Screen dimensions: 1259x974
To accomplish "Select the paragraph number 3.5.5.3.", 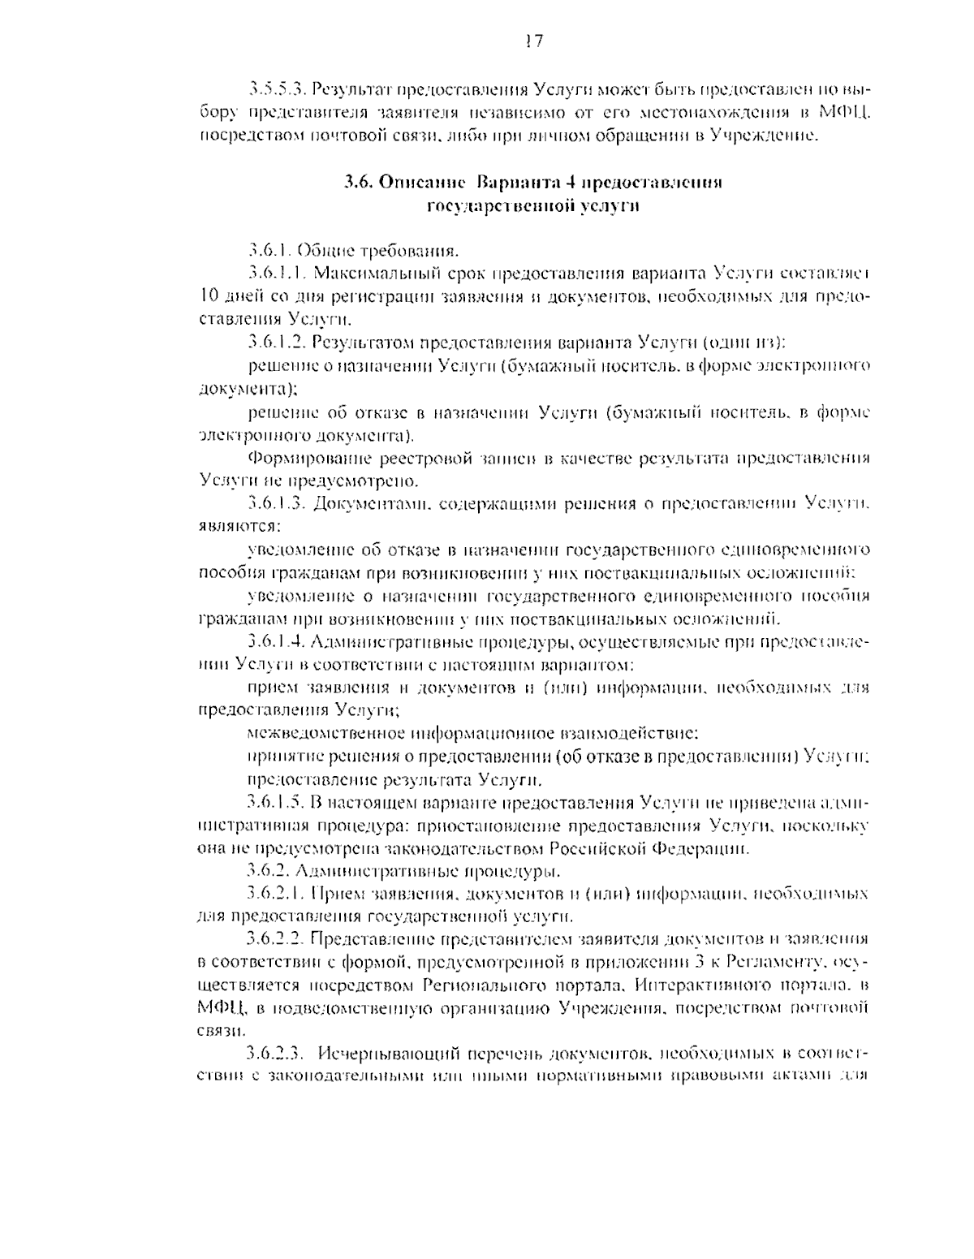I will [x=278, y=86].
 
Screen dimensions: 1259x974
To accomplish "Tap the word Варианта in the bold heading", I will [x=511, y=183].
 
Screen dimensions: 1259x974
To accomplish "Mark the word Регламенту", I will [x=782, y=963].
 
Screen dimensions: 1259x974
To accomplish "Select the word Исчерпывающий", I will [x=390, y=1054].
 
